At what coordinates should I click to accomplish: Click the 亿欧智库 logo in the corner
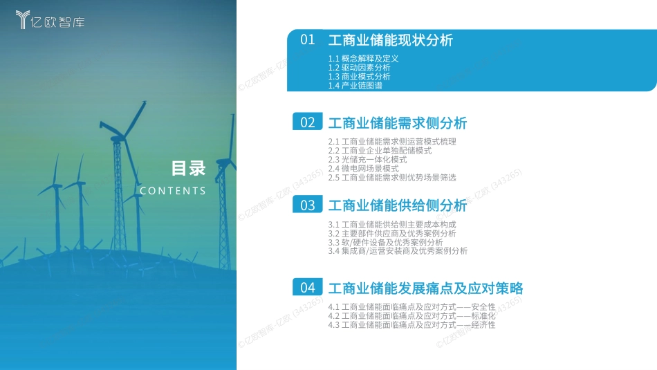(50, 19)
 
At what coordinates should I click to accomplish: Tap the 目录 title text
(189, 169)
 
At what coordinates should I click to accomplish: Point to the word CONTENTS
(173, 191)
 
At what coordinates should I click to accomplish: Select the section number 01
(308, 40)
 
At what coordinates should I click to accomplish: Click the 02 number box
(308, 122)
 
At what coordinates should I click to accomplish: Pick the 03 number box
(308, 205)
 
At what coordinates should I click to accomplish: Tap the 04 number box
(308, 287)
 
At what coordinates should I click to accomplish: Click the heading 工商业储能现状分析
(391, 40)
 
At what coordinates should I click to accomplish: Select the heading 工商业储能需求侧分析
(398, 123)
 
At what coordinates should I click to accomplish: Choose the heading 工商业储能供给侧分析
(398, 205)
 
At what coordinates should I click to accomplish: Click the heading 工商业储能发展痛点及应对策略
(426, 288)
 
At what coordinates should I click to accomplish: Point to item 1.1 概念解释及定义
(363, 59)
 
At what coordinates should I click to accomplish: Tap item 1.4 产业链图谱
(355, 86)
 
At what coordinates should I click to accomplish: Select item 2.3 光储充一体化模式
(367, 160)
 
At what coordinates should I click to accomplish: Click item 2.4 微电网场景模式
(363, 169)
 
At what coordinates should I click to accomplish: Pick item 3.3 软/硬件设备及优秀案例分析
(385, 243)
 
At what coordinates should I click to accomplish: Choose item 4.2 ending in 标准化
(412, 316)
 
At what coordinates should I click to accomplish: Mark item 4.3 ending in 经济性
(412, 325)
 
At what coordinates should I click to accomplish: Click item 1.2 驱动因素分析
(359, 68)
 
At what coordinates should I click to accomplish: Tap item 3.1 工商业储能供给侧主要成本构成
(392, 225)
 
